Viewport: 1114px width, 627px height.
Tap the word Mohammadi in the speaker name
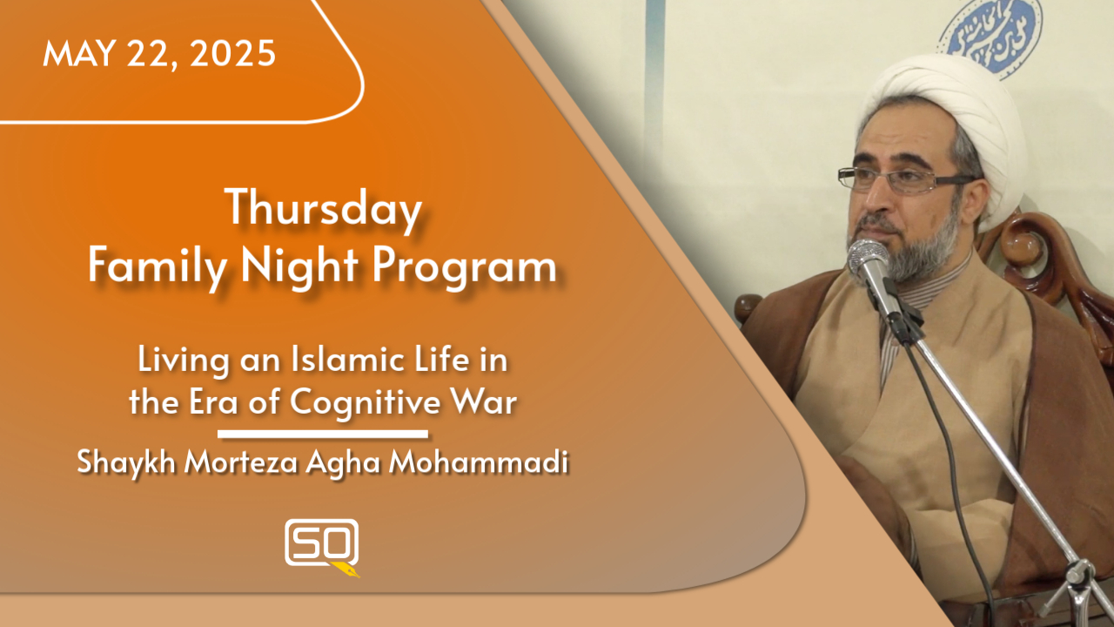coord(478,463)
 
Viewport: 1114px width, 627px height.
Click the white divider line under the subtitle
coord(322,433)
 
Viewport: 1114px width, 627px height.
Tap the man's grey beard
coord(923,248)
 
